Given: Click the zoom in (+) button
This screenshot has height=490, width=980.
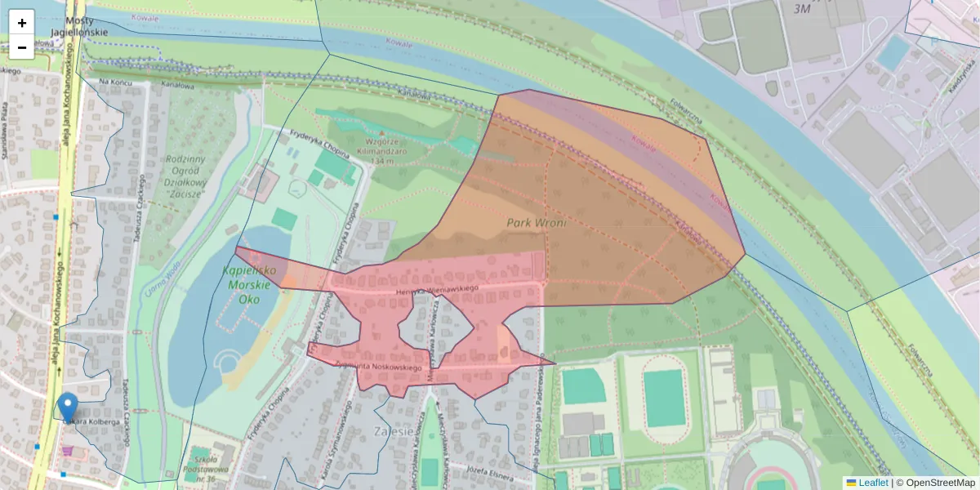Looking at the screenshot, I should [x=22, y=23].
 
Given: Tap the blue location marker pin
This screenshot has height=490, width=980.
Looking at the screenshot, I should [x=69, y=406].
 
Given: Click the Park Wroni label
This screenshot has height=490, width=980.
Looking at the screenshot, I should [x=536, y=222].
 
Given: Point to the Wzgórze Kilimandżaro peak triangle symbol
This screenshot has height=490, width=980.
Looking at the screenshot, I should [x=381, y=132].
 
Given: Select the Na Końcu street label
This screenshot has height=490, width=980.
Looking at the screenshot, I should [x=115, y=82].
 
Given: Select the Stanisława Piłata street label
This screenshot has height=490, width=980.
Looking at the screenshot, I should [x=7, y=131].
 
